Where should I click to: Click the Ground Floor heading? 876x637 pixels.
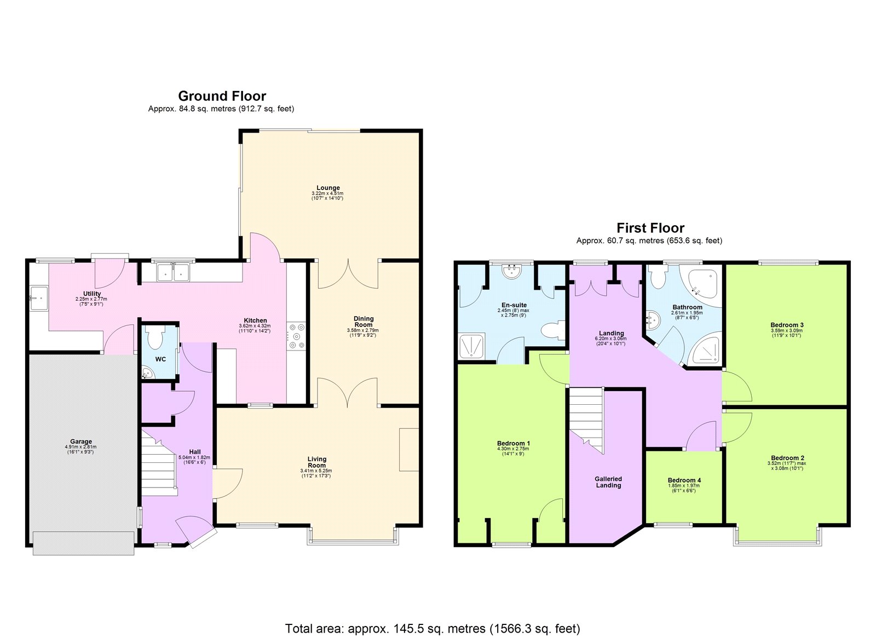pos(222,96)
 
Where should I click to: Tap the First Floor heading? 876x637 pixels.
pos(650,228)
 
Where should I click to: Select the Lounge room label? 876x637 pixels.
pos(327,188)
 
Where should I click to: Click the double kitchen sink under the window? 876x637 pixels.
pos(173,272)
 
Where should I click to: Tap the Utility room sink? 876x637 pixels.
pos(38,298)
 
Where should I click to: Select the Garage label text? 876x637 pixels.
pos(81,441)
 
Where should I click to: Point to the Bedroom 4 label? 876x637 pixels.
pos(684,480)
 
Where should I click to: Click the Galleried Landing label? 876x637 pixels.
pos(608,482)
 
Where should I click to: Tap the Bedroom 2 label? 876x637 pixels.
pos(787,458)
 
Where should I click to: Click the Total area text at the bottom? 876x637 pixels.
pos(432,628)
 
